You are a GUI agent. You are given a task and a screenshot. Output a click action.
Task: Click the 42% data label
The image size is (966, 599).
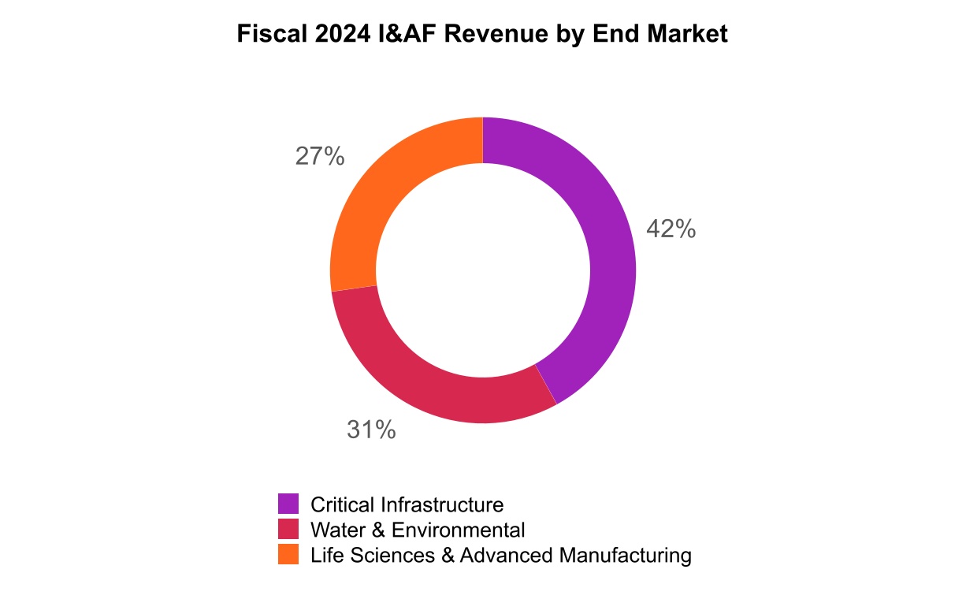(671, 229)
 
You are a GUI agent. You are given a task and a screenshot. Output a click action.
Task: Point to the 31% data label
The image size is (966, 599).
(371, 430)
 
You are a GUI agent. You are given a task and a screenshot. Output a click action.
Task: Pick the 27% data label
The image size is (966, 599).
(320, 157)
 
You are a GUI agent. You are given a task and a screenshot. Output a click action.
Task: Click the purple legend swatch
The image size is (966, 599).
(288, 504)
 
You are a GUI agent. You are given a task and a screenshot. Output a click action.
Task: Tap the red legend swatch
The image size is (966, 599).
(288, 529)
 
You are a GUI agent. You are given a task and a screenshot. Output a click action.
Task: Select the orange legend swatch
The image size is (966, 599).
(288, 554)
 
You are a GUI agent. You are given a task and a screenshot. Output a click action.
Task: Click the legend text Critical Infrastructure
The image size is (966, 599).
(407, 504)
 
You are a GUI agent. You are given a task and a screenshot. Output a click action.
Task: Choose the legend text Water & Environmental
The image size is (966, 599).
(418, 530)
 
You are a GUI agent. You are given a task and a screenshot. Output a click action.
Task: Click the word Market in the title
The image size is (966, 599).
(689, 35)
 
